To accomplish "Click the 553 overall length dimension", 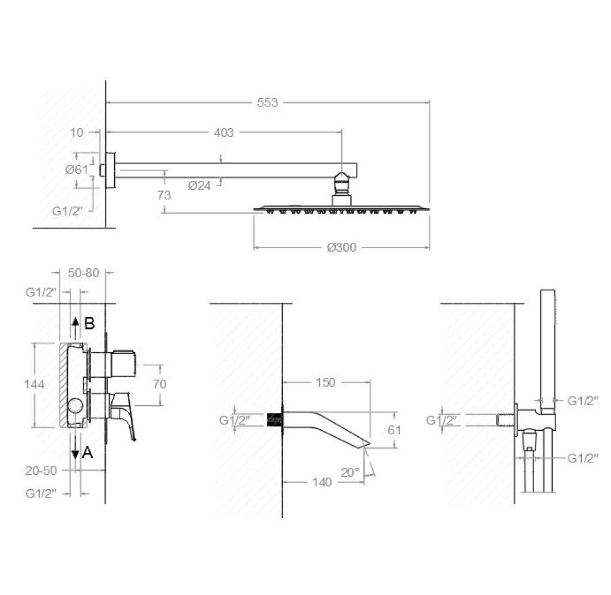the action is (x=267, y=103).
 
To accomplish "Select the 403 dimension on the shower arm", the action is (x=224, y=133).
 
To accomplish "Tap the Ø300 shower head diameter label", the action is (x=342, y=248).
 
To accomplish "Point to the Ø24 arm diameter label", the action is (x=199, y=186).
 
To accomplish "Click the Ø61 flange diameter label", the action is (x=77, y=170).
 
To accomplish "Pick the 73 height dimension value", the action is (x=164, y=195).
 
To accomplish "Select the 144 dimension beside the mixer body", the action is (x=35, y=384).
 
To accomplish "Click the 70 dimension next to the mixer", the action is (x=160, y=384).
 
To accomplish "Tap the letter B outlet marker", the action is (x=89, y=323).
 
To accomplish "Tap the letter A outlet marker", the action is (x=88, y=452).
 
